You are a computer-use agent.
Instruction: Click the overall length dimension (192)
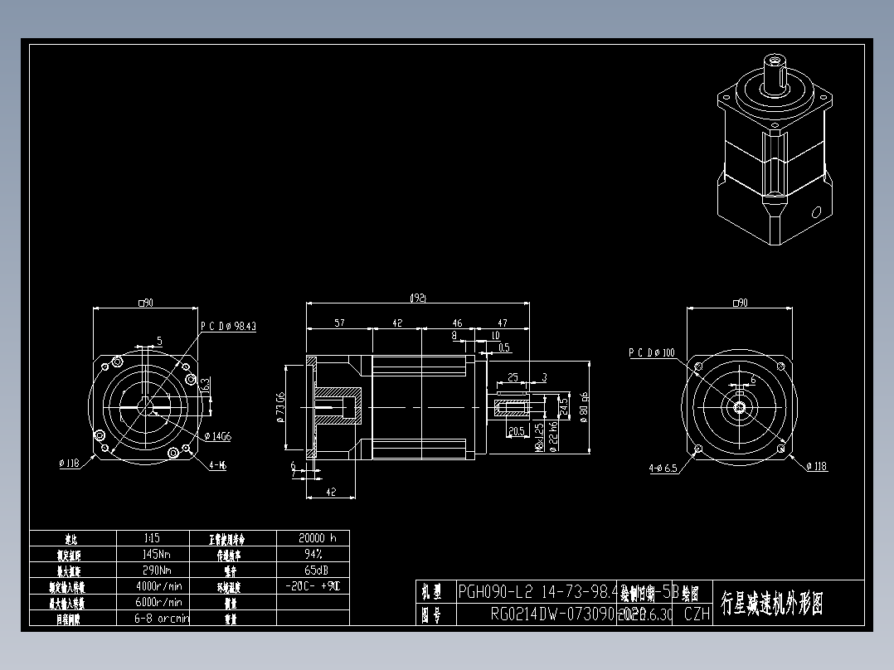[418, 298]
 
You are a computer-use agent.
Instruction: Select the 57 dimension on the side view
[339, 323]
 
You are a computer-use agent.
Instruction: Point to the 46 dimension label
[457, 323]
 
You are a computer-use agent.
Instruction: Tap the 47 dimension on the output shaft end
[503, 323]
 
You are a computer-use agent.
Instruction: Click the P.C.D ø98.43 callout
[228, 327]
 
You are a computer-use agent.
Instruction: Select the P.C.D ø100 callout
[652, 352]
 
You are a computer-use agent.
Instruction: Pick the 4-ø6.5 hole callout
[663, 469]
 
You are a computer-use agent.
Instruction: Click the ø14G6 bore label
[217, 435]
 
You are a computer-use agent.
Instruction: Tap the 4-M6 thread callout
[218, 465]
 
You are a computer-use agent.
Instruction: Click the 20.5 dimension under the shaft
[515, 431]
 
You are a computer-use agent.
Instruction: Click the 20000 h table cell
[312, 537]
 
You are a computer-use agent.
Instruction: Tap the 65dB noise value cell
[312, 570]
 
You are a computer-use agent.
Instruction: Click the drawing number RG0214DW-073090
[552, 614]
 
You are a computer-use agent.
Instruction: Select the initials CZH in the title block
[697, 614]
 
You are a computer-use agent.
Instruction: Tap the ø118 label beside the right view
[816, 467]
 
